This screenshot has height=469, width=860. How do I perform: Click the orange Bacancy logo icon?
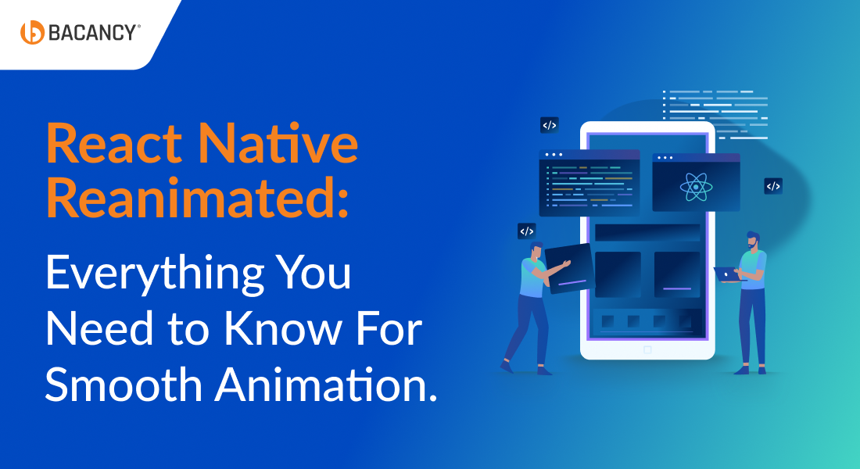(x=32, y=32)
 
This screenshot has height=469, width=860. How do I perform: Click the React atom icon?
(x=695, y=186)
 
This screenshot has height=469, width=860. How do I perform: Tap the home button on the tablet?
(x=647, y=349)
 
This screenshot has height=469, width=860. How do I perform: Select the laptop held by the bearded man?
(x=726, y=274)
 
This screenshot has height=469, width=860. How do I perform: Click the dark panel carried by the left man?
(x=569, y=268)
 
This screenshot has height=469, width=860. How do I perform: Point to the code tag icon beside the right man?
(x=773, y=186)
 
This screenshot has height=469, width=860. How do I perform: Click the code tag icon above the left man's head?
(x=527, y=231)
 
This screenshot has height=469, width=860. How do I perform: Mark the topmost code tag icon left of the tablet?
(x=550, y=125)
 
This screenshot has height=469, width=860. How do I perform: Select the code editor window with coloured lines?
(x=589, y=184)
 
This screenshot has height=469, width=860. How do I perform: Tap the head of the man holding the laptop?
(x=752, y=240)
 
